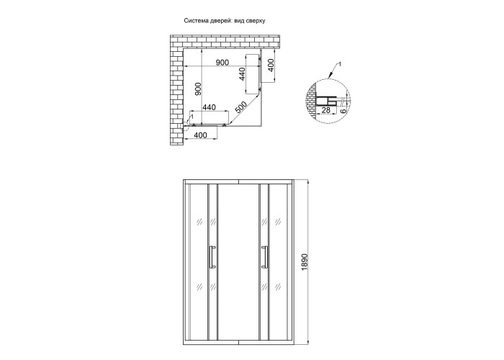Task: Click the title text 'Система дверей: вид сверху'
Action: pos(225,21)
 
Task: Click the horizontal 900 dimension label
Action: pos(222,63)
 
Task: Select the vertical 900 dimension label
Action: pos(198,89)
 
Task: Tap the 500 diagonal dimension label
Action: pos(240,108)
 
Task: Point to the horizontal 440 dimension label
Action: pos(209,107)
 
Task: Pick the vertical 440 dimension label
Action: pos(243,74)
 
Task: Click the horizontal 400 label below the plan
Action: pos(200,135)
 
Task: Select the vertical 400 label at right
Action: pos(271,66)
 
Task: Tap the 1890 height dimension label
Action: pos(305,261)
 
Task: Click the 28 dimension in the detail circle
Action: pos(325,110)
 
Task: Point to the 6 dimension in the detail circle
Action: pos(343,111)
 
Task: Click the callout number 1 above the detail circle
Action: pos(340,65)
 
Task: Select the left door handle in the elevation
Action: pos(212,256)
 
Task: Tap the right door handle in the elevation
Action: pos(264,256)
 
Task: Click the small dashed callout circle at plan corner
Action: pos(186,127)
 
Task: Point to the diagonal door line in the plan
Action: pos(245,109)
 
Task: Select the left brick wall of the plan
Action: pos(177,97)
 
